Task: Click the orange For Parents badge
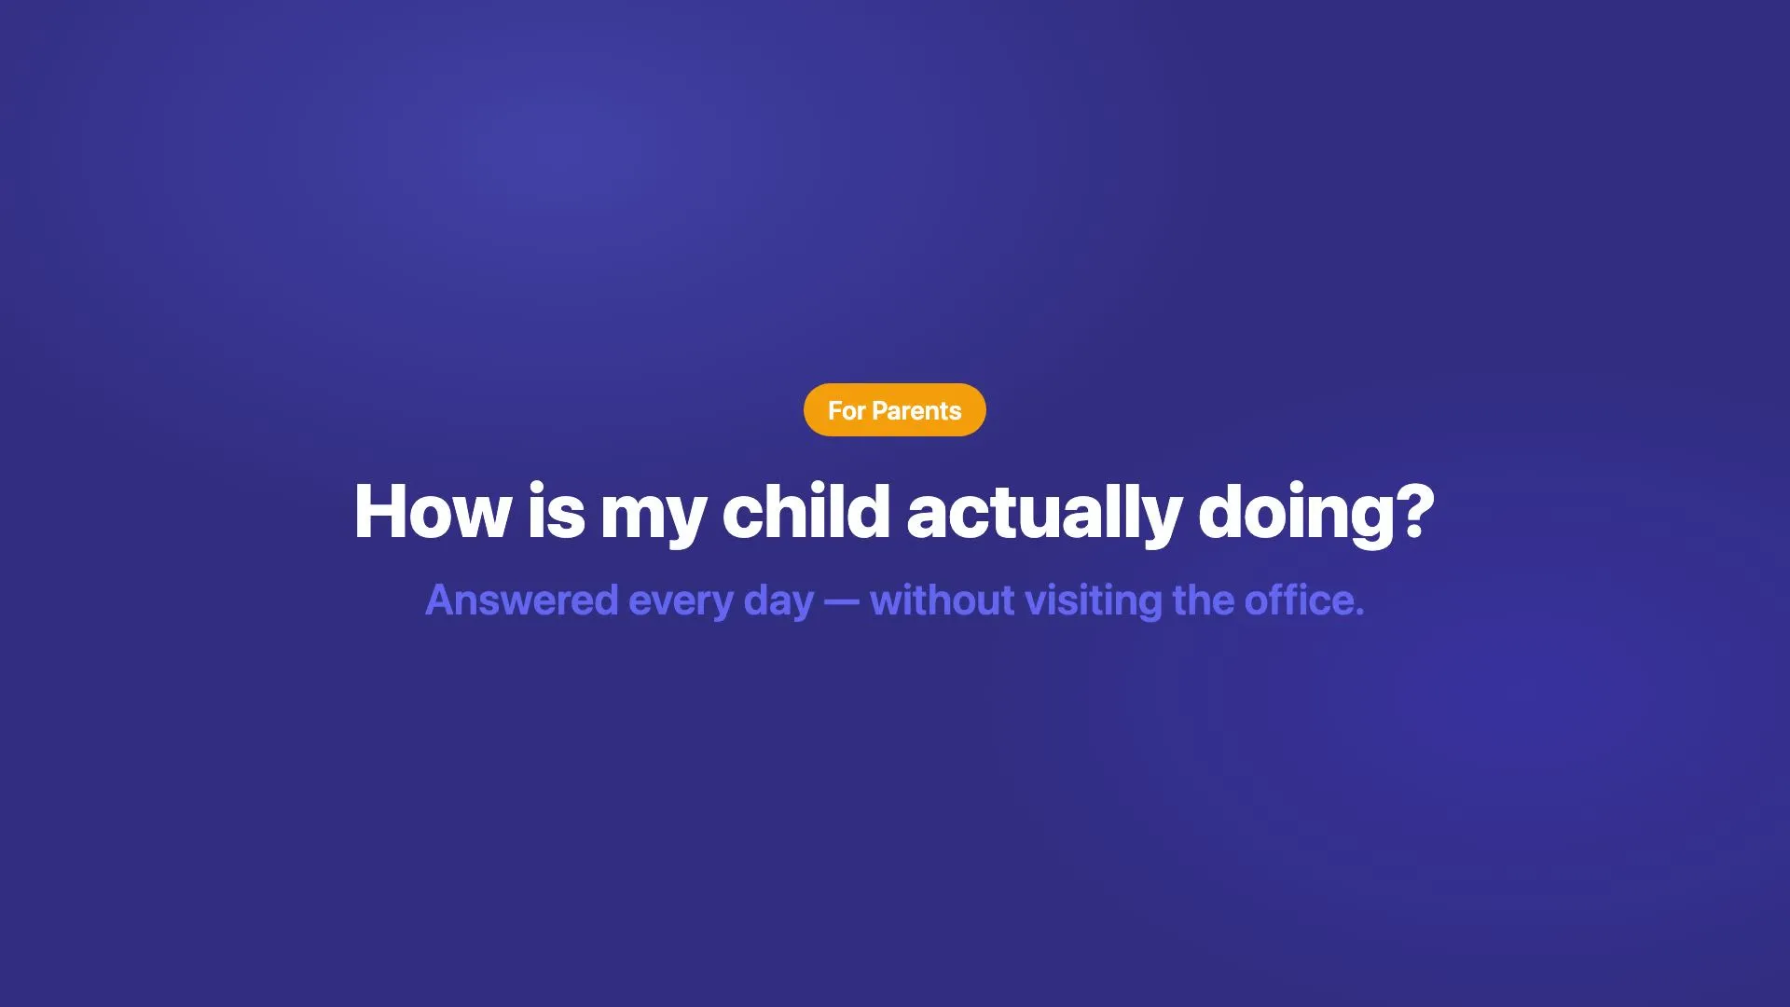895,410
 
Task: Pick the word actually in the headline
1044,515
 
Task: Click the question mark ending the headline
1415,511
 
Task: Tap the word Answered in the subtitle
522,600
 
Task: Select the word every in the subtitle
681,605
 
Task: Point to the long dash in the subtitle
842,602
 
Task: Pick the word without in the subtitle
942,600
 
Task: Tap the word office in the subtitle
1291,600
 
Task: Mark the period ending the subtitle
1359,613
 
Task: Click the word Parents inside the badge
916,410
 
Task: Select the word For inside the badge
847,410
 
